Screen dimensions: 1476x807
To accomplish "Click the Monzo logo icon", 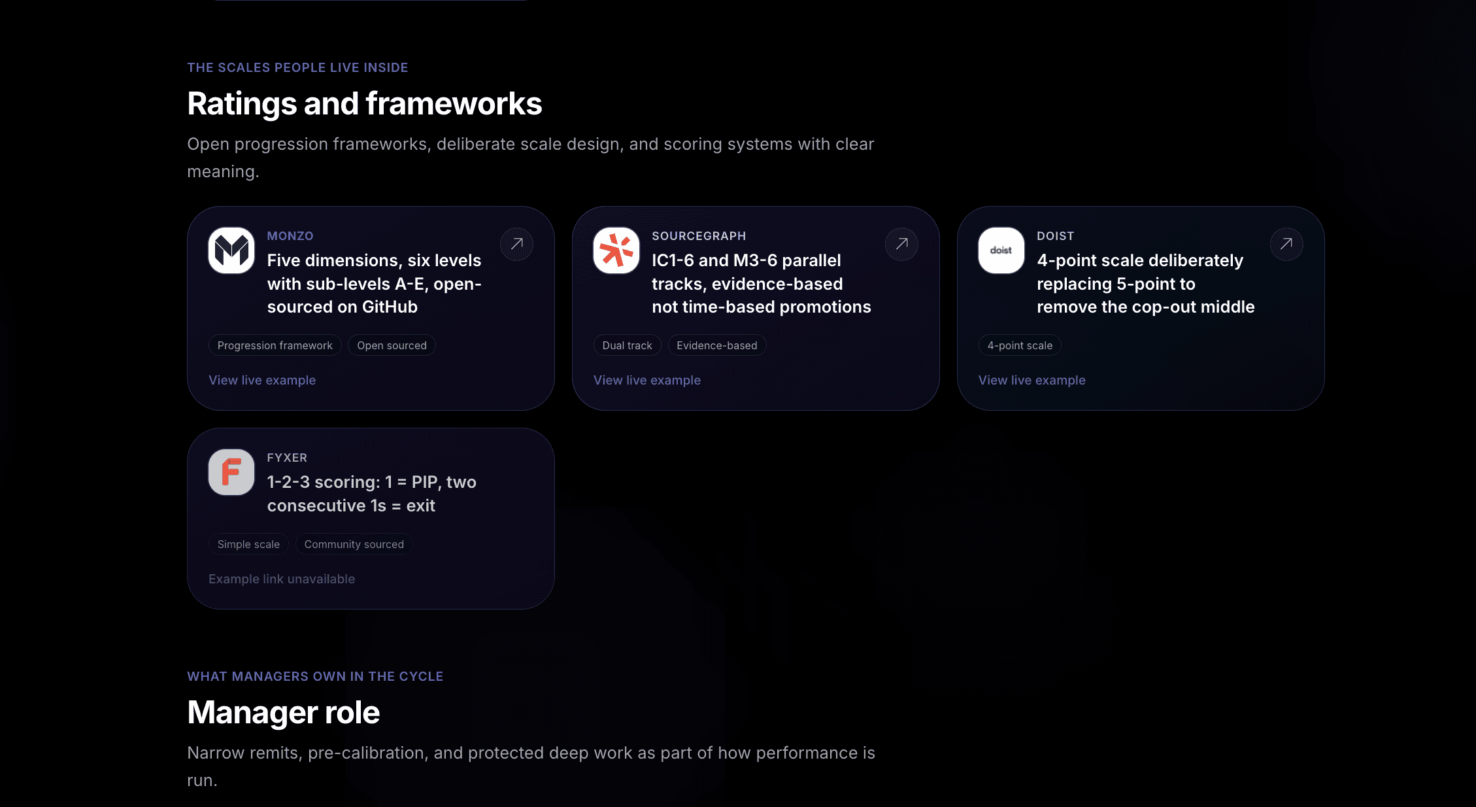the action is (x=231, y=250).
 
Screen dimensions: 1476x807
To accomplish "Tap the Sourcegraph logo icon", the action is (x=616, y=250).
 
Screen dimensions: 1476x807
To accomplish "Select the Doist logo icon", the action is (x=1001, y=250).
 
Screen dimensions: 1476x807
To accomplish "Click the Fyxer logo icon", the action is (x=231, y=472).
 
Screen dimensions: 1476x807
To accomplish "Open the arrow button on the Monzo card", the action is (x=516, y=244).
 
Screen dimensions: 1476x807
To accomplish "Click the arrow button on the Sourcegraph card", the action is (x=901, y=244).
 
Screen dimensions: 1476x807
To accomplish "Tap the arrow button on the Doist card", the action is (x=1286, y=244).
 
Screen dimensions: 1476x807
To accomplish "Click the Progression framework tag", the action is (x=275, y=345).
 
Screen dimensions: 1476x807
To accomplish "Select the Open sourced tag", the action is (x=392, y=345).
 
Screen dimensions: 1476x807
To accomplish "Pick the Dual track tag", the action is (x=628, y=345).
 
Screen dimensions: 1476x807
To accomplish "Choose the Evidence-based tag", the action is (x=717, y=345).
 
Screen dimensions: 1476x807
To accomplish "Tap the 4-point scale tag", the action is (x=1020, y=345).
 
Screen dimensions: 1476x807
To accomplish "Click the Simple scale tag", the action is (x=248, y=544).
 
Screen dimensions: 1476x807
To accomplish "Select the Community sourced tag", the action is (x=354, y=544).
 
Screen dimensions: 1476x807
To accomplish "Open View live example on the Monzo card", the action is (x=262, y=380).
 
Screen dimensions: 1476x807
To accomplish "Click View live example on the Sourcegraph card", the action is (x=647, y=380).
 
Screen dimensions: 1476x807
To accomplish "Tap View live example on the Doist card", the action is (x=1032, y=380).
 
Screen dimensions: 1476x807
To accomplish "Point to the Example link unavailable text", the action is (x=282, y=579).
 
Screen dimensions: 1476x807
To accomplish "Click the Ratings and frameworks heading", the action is (x=365, y=104).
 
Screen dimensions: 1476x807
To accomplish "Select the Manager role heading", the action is (x=284, y=712).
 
